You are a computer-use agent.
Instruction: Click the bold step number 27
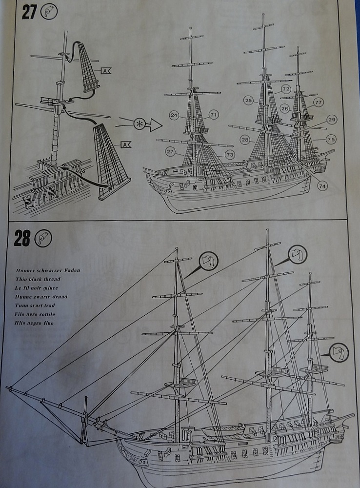pyautogui.click(x=29, y=12)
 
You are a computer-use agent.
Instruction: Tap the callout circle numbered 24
pyautogui.click(x=174, y=115)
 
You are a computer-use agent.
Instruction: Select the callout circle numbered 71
pyautogui.click(x=213, y=115)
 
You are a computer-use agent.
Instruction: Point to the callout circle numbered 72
pyautogui.click(x=286, y=89)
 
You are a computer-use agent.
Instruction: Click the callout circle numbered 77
pyautogui.click(x=319, y=102)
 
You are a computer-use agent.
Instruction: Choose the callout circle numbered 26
pyautogui.click(x=285, y=108)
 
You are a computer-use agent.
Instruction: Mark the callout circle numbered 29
pyautogui.click(x=332, y=120)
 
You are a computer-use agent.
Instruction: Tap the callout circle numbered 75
pyautogui.click(x=331, y=140)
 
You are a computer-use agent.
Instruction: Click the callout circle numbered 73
pyautogui.click(x=230, y=154)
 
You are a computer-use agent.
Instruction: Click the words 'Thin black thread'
pyautogui.click(x=38, y=279)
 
